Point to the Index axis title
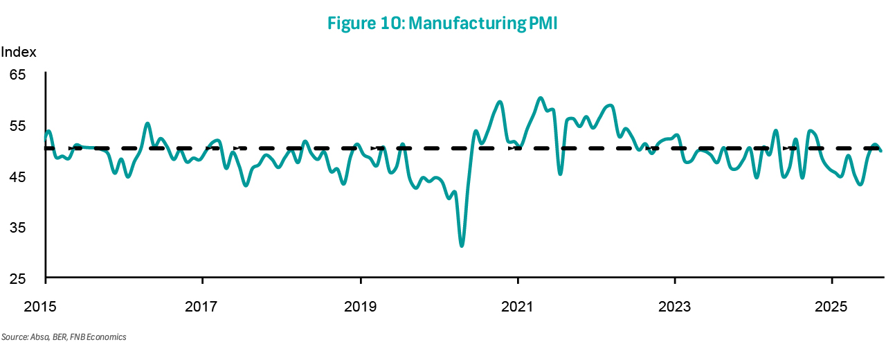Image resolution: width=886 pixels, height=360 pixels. coord(19,52)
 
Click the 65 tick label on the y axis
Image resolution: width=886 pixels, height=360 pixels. coord(17,75)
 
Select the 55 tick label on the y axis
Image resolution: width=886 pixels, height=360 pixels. coord(17,126)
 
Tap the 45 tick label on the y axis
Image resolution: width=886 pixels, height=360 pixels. coord(17,177)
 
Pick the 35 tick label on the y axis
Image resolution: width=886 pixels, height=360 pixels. coord(17,228)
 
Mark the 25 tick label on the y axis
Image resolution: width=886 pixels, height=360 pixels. coord(17,279)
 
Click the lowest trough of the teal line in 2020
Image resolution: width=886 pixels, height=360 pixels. coord(462,245)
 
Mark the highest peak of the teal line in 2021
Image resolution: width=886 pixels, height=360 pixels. coord(541,98)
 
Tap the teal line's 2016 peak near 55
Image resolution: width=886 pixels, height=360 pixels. coord(147,124)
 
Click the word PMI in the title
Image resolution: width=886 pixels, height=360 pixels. coord(547,24)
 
